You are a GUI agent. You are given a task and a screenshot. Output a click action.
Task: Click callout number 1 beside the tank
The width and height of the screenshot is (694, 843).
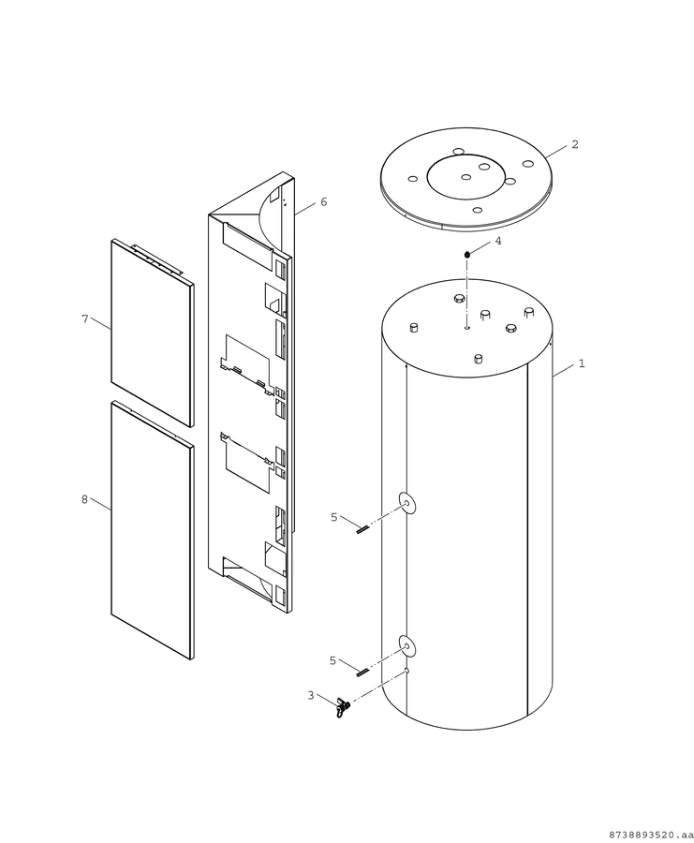tap(581, 364)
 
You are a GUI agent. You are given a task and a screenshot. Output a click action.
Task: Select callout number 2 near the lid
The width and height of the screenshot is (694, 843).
tap(575, 144)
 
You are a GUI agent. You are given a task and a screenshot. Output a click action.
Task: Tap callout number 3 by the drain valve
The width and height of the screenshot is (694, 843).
tap(311, 696)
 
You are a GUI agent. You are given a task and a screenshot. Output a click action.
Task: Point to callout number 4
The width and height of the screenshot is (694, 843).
tap(498, 241)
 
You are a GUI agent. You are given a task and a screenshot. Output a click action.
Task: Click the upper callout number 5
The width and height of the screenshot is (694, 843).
tap(333, 517)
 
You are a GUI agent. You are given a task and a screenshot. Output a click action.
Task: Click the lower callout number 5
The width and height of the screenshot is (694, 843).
tap(332, 660)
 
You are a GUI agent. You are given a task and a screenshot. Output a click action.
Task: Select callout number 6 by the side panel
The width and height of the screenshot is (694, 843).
tap(324, 201)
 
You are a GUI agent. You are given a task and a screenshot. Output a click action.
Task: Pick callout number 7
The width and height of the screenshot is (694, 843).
tap(85, 318)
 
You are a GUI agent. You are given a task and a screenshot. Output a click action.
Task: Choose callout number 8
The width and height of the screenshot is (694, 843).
tap(84, 499)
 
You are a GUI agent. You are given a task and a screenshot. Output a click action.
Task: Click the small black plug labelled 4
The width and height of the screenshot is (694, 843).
tap(467, 254)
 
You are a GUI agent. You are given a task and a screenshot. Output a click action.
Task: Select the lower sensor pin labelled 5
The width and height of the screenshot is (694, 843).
tap(362, 671)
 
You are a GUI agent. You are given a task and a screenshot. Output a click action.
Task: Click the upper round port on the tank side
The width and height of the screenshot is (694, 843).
tap(407, 503)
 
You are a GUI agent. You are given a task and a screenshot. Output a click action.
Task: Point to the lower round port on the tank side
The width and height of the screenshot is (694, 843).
tap(407, 645)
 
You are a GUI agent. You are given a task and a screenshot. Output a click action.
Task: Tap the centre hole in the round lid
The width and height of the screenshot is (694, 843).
tap(466, 177)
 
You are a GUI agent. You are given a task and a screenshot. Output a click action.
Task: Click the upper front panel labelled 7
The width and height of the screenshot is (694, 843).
tap(152, 333)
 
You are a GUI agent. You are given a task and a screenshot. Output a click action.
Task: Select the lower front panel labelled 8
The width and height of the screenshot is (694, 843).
tap(152, 529)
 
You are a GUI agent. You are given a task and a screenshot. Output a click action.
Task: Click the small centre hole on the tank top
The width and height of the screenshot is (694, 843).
tap(467, 326)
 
